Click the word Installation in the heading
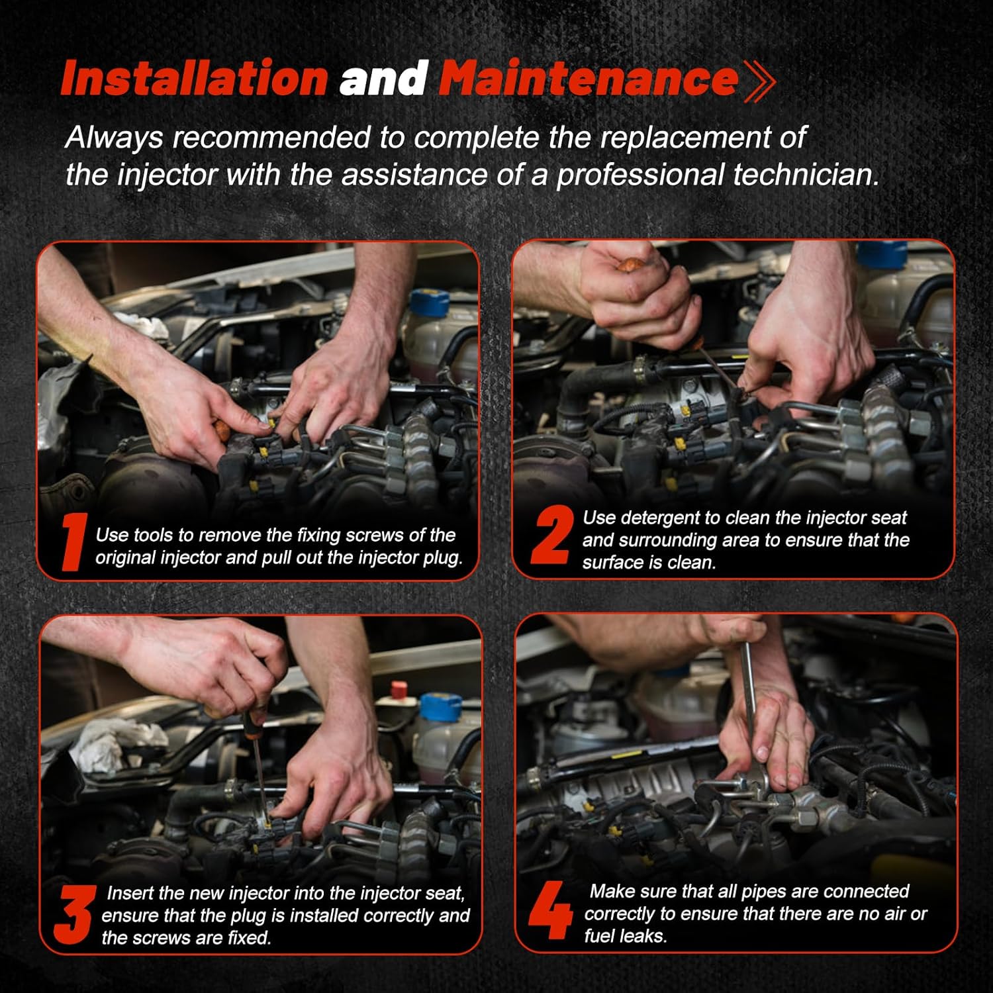[195, 79]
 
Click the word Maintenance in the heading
[589, 79]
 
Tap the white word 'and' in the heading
[383, 79]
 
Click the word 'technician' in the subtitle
[805, 175]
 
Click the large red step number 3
[73, 915]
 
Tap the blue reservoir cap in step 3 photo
[441, 706]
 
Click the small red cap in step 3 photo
[399, 689]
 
